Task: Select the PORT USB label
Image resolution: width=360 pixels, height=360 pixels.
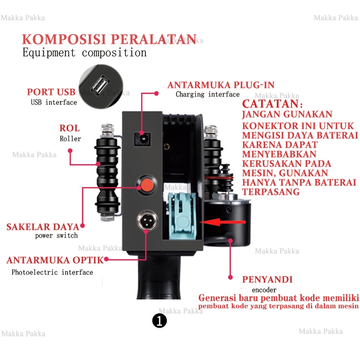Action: pyautogui.click(x=51, y=92)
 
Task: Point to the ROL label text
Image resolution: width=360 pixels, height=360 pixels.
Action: pyautogui.click(x=70, y=128)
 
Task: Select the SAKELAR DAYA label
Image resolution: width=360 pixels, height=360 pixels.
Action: pyautogui.click(x=43, y=226)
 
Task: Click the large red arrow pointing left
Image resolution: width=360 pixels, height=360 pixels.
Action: pyautogui.click(x=223, y=222)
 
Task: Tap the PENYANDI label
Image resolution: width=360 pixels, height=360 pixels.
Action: pyautogui.click(x=267, y=279)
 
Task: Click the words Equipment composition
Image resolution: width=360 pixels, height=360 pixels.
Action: pyautogui.click(x=85, y=52)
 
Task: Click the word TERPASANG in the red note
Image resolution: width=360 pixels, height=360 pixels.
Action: pyautogui.click(x=271, y=192)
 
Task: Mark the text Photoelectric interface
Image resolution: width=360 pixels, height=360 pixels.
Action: pyautogui.click(x=52, y=272)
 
